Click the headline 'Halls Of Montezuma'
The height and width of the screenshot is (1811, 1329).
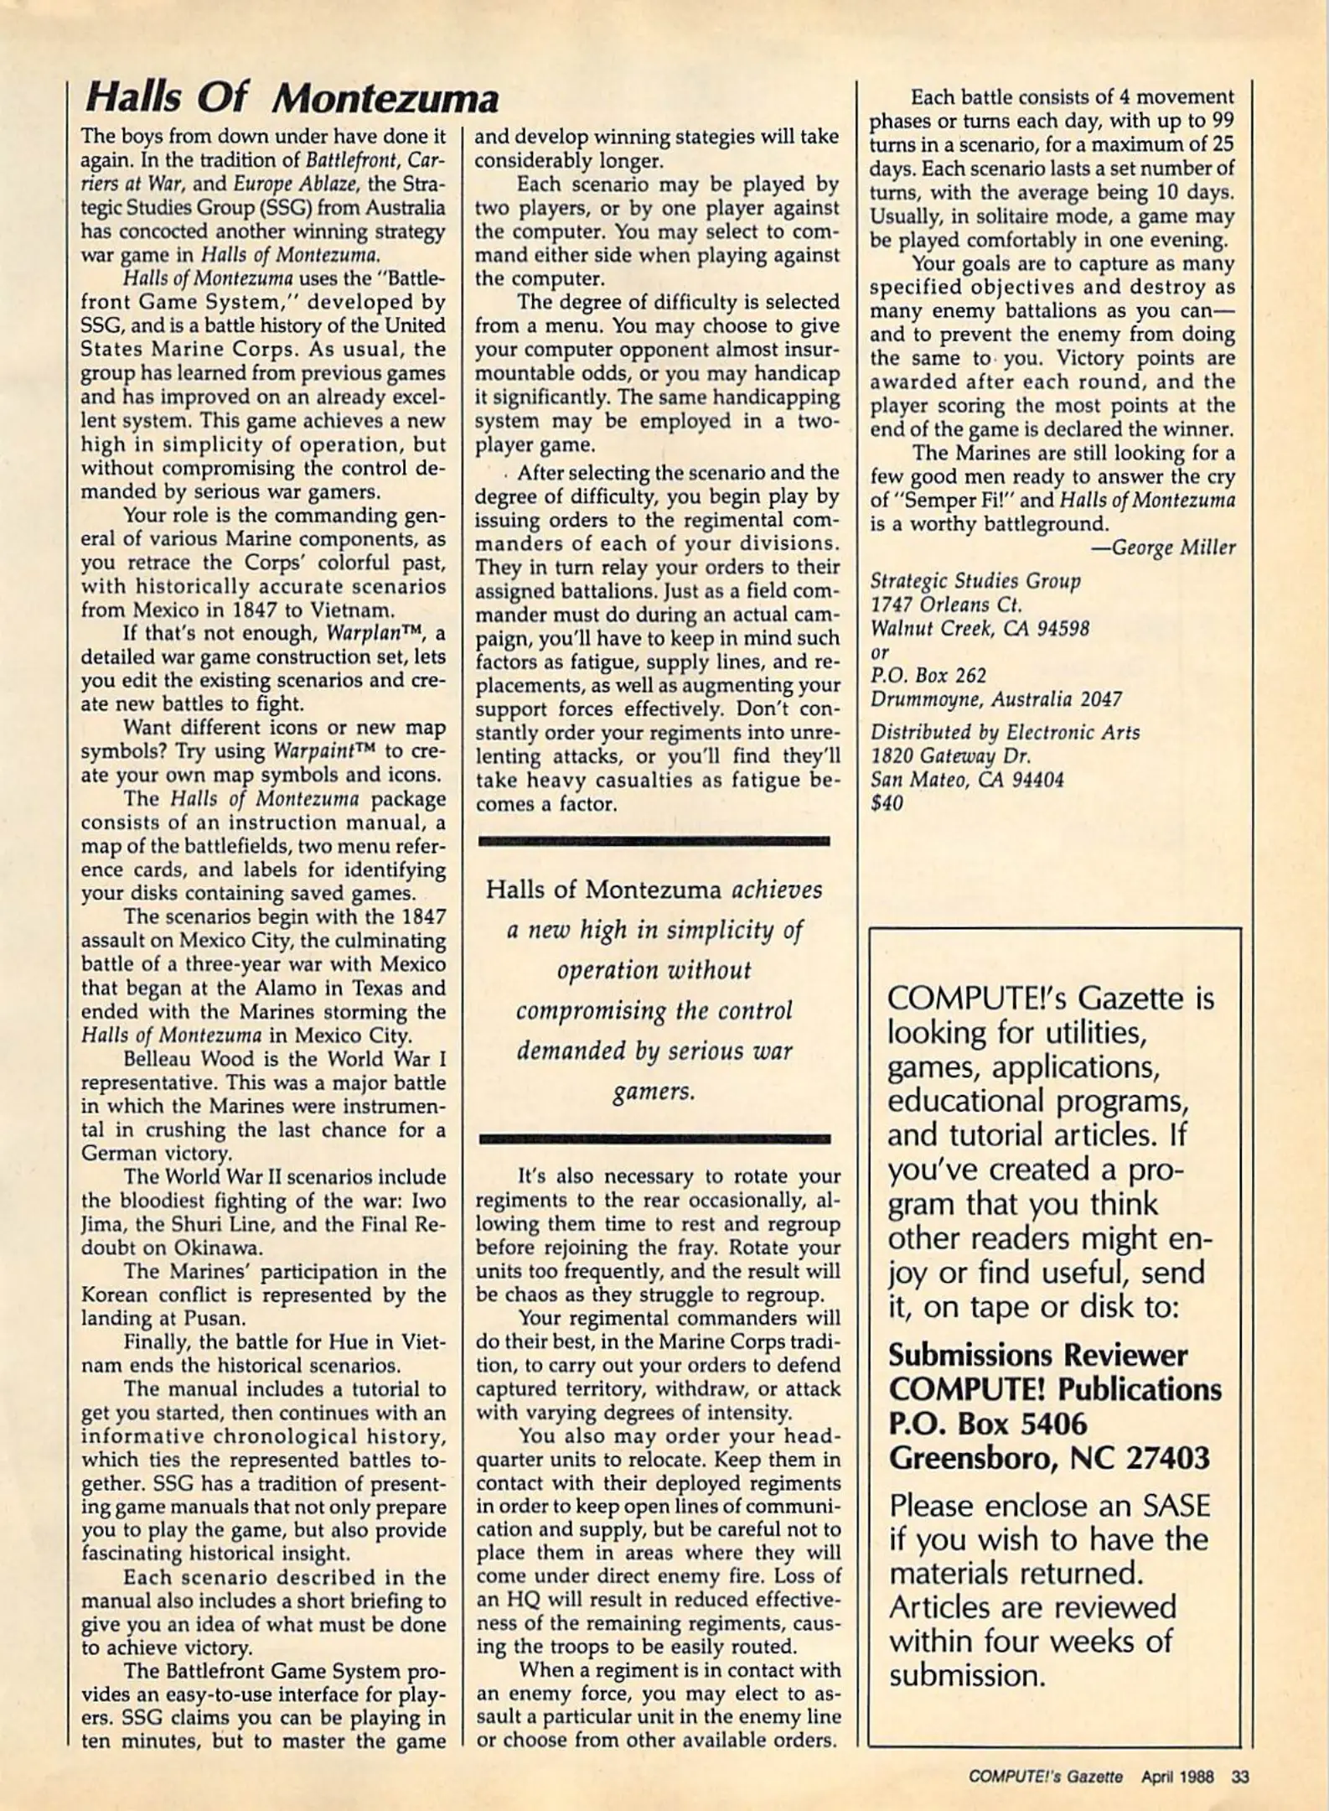[x=292, y=99]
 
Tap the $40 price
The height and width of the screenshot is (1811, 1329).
[x=887, y=803]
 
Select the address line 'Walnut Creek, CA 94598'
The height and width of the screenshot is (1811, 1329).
[x=980, y=628]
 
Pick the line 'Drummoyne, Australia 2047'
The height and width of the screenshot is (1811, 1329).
[x=995, y=698]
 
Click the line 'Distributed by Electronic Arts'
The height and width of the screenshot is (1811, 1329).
[x=1005, y=732]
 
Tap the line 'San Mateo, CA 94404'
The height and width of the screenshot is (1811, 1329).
[x=967, y=780]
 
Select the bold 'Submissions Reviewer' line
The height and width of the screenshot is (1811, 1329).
[x=1037, y=1355]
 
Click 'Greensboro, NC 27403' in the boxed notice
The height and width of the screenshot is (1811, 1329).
[x=1049, y=1458]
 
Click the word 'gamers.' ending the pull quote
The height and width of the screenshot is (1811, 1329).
[x=654, y=1092]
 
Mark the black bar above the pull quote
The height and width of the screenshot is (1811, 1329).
[x=654, y=840]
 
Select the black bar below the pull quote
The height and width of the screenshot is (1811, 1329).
[x=654, y=1139]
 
